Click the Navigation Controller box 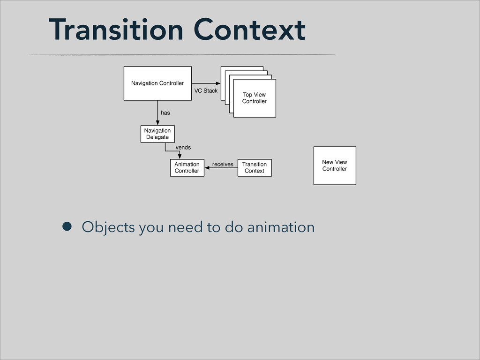(157, 83)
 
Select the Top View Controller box (255, 98)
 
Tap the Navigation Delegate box (157, 134)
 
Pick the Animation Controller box (187, 168)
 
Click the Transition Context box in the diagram (255, 168)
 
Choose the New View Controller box (335, 165)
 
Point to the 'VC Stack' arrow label (206, 91)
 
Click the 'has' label (165, 113)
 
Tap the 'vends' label (183, 148)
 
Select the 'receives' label (223, 165)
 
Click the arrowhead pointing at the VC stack (218, 83)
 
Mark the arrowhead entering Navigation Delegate (157, 123)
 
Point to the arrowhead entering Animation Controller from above (180, 157)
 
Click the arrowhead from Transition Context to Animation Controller (207, 168)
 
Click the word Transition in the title (116, 30)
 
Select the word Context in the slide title (249, 30)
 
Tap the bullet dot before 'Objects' (67, 226)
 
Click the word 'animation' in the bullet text (281, 227)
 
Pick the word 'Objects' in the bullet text (108, 228)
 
